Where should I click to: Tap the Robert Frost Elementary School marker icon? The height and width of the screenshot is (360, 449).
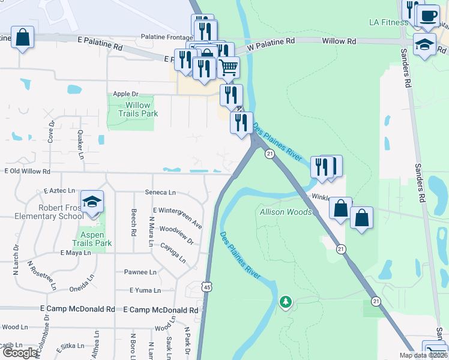pyautogui.click(x=92, y=202)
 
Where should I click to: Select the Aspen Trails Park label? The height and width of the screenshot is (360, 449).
pyautogui.click(x=92, y=239)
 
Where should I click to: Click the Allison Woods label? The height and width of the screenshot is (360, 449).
pyautogui.click(x=286, y=212)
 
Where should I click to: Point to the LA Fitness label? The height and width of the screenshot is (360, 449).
pyautogui.click(x=387, y=23)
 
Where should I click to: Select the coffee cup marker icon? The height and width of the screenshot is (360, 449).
pyautogui.click(x=428, y=16)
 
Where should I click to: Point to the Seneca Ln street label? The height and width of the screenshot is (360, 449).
pyautogui.click(x=160, y=193)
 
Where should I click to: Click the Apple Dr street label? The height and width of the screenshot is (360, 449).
pyautogui.click(x=125, y=94)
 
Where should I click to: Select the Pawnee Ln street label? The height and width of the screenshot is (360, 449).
pyautogui.click(x=140, y=272)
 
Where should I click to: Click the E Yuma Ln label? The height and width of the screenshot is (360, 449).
pyautogui.click(x=145, y=290)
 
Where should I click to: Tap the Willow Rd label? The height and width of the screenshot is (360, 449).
pyautogui.click(x=339, y=41)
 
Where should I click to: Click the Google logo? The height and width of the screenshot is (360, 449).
pyautogui.click(x=20, y=353)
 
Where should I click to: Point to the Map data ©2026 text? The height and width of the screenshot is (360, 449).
pyautogui.click(x=423, y=355)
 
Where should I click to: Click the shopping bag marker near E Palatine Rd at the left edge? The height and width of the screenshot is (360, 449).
pyautogui.click(x=22, y=37)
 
